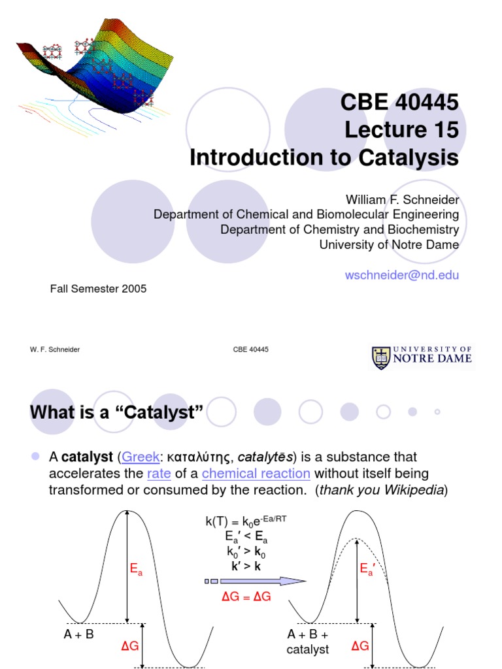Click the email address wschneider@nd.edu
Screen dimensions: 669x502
402,275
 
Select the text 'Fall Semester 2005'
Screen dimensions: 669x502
98,289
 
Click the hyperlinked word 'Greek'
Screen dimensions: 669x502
141,457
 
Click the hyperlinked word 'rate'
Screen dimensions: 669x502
159,473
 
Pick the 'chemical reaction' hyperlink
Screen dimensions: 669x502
256,473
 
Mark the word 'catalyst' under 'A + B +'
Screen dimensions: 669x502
308,649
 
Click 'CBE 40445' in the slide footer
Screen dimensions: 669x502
251,350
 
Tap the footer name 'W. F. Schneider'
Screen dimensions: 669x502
55,350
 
